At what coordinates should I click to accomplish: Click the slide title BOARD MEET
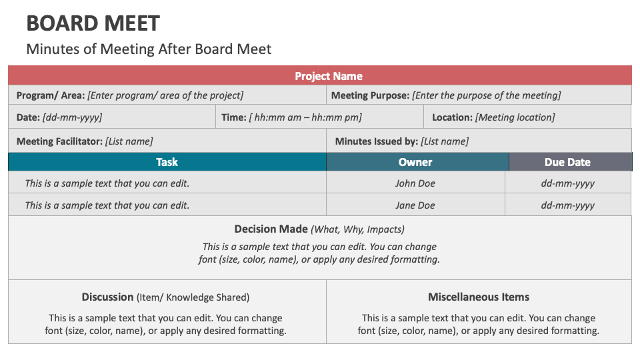tap(93, 23)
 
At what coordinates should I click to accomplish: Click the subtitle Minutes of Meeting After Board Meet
tap(149, 49)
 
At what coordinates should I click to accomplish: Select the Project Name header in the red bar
tap(329, 76)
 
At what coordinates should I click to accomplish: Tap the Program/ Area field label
tap(51, 95)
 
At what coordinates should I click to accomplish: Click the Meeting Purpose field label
tap(370, 95)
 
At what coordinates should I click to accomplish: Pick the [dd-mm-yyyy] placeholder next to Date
tap(72, 117)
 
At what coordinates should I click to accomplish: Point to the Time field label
tap(234, 117)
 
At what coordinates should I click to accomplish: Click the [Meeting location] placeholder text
tap(515, 117)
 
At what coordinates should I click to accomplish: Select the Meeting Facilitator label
tap(59, 141)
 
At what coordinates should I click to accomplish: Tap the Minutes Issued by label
tap(376, 141)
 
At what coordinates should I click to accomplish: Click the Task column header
tap(167, 162)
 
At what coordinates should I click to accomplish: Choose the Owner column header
tap(415, 162)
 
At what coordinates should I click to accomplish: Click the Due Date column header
tap(567, 162)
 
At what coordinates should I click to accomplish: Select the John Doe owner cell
tap(415, 183)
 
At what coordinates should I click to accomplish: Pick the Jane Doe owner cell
tap(415, 205)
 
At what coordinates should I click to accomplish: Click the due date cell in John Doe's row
tap(567, 183)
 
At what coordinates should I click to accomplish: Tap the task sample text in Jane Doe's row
tap(107, 205)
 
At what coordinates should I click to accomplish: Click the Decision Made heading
tap(271, 229)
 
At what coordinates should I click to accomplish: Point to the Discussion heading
tap(108, 297)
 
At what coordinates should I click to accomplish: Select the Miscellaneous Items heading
tap(478, 297)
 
